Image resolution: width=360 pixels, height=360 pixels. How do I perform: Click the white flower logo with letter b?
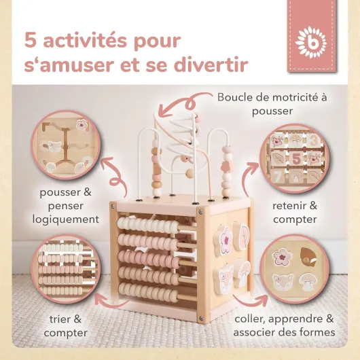pyautogui.click(x=310, y=42)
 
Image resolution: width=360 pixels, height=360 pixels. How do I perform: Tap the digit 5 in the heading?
pyautogui.click(x=31, y=41)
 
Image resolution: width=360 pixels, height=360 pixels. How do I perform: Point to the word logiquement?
pyautogui.click(x=66, y=219)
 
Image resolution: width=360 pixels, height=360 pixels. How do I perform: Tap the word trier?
pyautogui.click(x=59, y=319)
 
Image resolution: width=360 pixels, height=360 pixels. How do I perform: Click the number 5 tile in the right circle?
pyautogui.click(x=296, y=158)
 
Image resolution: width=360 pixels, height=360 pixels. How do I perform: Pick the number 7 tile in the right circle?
pyautogui.click(x=278, y=177)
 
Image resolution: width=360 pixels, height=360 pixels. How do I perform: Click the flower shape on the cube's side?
pyautogui.click(x=223, y=240)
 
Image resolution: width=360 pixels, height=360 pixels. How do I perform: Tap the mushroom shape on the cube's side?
pyautogui.click(x=242, y=272)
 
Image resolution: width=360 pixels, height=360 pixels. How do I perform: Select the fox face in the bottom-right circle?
pyautogui.click(x=283, y=282)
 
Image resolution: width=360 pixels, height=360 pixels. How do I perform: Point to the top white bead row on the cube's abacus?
pyautogui.click(x=147, y=224)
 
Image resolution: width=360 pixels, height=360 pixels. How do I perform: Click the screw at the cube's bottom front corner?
pyautogui.click(x=201, y=318)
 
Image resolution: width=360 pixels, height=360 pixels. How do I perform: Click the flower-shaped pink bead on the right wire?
pyautogui.click(x=226, y=166)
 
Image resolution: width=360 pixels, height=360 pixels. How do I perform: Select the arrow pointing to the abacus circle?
pyautogui.click(x=113, y=301)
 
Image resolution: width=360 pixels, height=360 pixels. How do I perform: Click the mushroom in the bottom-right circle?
pyautogui.click(x=308, y=281)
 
